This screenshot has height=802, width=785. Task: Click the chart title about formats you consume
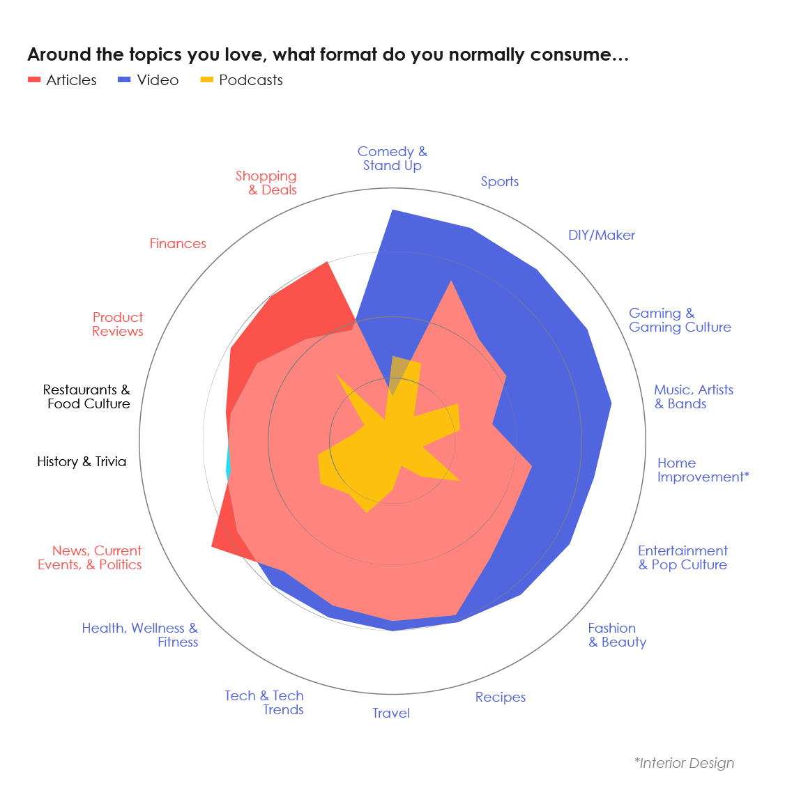coord(328,55)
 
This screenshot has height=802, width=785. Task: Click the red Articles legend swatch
coord(34,80)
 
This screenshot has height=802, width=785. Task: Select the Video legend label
coord(158,80)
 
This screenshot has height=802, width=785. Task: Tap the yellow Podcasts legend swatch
coord(206,80)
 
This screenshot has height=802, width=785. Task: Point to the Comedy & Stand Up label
coord(392,159)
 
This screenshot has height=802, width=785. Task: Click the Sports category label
coord(500,182)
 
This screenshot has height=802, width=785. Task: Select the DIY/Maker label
coord(601,236)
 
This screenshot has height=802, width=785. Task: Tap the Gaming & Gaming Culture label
coord(679,321)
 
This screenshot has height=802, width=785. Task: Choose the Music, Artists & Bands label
coord(693,397)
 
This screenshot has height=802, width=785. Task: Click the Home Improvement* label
coord(702,470)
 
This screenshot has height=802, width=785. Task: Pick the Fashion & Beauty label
coord(617,635)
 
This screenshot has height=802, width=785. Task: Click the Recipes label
coord(501,697)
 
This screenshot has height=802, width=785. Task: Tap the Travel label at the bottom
coord(391,713)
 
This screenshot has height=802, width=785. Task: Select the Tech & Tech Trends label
coord(264,702)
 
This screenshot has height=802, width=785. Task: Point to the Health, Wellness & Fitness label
coord(140,635)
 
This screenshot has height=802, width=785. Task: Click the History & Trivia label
coord(82,462)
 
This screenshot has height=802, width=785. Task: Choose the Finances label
coord(178,244)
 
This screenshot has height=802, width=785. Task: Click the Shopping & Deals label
coord(266,183)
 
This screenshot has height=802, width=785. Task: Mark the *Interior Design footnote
coord(684,763)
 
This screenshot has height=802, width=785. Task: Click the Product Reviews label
coord(118,325)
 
